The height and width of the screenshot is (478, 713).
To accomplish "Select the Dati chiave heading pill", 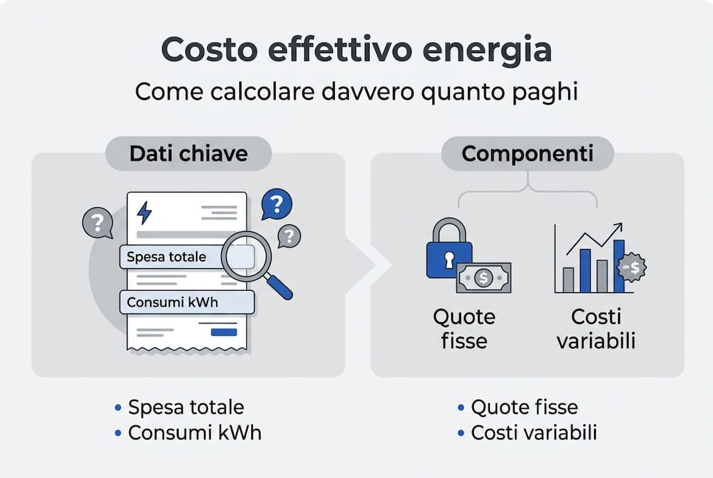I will click(188, 154).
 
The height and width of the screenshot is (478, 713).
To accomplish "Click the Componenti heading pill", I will click(528, 154).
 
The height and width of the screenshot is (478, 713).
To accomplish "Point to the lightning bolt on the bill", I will click(144, 212).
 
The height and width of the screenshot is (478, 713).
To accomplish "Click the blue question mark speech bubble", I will click(276, 205).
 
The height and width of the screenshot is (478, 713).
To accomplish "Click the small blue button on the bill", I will click(223, 332).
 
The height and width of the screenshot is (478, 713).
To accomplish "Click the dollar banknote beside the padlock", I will click(484, 278).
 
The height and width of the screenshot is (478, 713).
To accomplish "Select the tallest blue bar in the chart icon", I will click(618, 266).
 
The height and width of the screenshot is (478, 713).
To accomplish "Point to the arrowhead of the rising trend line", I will click(619, 226).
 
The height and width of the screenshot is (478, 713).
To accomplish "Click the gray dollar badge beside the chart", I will click(631, 268).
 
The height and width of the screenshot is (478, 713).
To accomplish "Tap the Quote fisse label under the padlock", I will click(464, 329).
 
